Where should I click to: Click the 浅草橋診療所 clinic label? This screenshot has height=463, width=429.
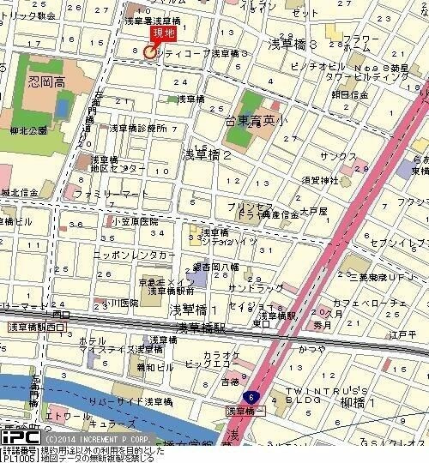(x=137, y=128)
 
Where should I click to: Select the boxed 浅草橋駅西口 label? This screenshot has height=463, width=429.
(x=37, y=328)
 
